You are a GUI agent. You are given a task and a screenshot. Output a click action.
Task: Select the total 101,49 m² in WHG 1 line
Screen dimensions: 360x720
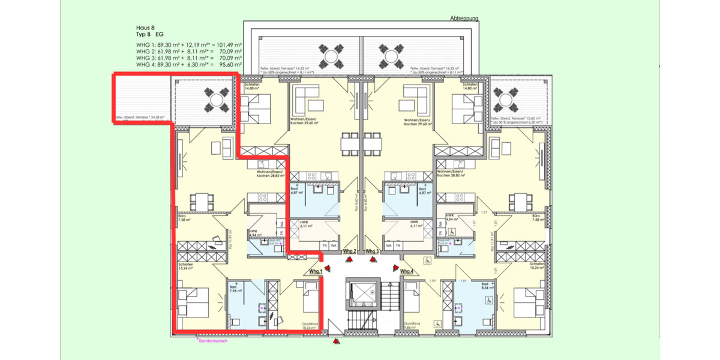coord(229,45)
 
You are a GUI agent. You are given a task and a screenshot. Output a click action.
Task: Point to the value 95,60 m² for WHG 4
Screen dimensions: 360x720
coord(229,64)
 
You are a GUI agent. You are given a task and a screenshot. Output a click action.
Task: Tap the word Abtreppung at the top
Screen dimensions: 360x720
coord(464,19)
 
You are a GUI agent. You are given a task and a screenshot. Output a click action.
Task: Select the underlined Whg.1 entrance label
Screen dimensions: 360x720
coord(316,272)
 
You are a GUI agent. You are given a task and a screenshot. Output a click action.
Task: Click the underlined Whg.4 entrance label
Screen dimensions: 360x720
coord(407,272)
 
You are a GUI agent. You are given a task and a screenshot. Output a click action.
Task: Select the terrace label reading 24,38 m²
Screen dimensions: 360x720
coord(142,118)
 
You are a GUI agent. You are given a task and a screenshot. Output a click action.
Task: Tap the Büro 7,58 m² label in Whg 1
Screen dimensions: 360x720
coord(184,218)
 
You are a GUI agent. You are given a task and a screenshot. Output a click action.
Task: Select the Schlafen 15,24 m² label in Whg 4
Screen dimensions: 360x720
coord(537,266)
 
